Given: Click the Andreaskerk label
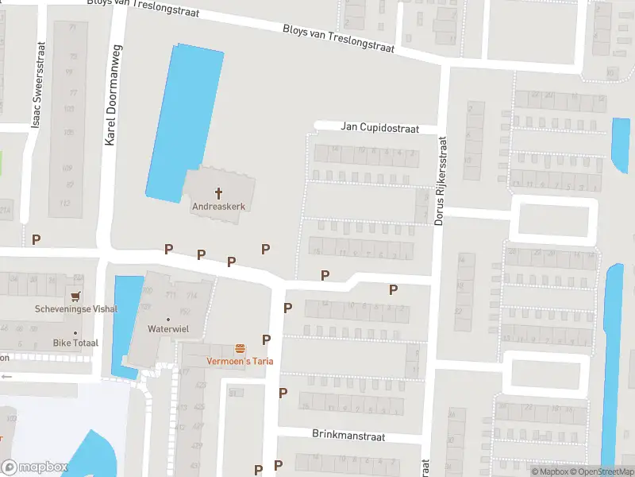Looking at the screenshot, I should (x=218, y=206).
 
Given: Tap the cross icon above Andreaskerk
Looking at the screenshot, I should (x=218, y=192).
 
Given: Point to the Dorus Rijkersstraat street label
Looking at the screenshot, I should (x=441, y=181).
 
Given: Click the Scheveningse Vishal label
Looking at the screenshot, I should (x=75, y=309).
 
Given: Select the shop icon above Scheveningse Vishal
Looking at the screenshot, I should (x=76, y=295).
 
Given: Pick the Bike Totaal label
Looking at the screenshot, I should (x=75, y=343).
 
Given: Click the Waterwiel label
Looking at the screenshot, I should (x=167, y=328).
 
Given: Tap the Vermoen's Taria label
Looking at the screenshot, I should (x=240, y=361).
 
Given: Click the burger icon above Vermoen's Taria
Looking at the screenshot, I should (x=240, y=348).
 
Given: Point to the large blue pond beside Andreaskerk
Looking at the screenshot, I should (x=183, y=119).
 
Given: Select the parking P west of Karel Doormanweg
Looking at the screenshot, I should (x=36, y=238).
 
